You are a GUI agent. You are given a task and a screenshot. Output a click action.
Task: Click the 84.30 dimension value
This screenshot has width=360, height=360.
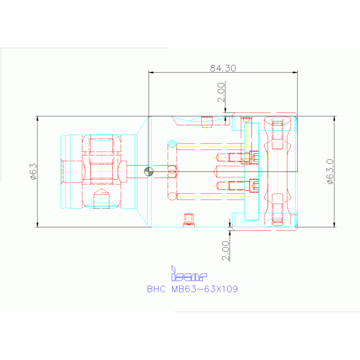coord(222,68)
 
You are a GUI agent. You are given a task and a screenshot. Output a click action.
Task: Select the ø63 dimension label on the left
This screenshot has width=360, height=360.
coord(33,171)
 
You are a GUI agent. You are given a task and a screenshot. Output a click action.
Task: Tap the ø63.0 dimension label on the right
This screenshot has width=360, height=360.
coord(329,171)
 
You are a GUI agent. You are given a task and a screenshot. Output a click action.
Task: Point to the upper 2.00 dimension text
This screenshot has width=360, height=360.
coord(221,92)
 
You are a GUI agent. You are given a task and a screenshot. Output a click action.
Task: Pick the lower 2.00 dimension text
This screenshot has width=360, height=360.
coord(226,251)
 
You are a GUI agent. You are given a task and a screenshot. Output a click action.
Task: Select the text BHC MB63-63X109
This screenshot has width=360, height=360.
coord(192,289)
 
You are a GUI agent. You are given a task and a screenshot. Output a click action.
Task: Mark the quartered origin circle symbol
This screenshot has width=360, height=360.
coord(149,172)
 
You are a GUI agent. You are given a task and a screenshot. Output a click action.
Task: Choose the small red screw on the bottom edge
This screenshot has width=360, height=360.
coord(189,219)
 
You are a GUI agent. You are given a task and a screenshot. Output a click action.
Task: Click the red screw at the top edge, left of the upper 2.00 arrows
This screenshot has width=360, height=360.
coord(207,122)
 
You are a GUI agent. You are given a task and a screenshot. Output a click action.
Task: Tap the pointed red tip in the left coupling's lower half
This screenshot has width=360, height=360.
coord(101,194)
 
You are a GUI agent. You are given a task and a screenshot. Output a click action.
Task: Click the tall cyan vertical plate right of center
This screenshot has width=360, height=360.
coord(252,171)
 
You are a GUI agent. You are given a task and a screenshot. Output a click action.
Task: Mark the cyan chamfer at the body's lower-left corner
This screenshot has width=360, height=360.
coord(143,218)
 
